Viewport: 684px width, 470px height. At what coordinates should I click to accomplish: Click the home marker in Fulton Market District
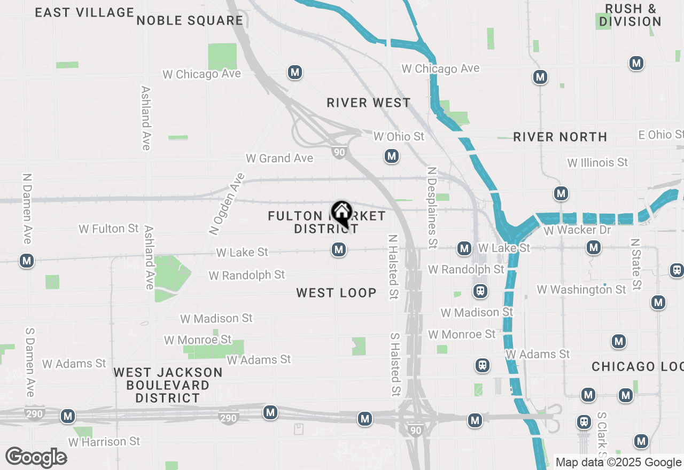341,213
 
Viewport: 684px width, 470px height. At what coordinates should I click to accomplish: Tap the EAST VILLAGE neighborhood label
84,12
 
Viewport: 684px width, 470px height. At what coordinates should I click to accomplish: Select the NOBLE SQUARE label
190,21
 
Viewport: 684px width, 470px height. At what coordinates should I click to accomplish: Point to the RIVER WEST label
369,103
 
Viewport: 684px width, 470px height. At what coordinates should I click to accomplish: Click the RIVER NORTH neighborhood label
560,137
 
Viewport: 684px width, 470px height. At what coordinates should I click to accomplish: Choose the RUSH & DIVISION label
630,15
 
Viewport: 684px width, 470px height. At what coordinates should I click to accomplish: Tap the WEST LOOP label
336,293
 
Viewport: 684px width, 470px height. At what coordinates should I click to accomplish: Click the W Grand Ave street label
279,158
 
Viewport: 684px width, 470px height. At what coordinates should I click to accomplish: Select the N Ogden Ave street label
227,204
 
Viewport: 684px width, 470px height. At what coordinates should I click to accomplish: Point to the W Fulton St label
108,229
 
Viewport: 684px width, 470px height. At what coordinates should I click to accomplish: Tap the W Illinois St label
597,162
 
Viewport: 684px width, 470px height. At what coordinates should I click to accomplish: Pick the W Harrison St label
104,442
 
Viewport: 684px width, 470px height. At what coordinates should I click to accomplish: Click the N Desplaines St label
432,207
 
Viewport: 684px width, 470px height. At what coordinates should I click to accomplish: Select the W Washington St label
581,289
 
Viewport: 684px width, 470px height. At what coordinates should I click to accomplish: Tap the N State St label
636,264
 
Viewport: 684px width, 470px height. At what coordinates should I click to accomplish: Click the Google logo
36,457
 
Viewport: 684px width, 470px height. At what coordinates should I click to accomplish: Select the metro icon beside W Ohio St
392,156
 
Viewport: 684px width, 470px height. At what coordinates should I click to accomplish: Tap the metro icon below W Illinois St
561,193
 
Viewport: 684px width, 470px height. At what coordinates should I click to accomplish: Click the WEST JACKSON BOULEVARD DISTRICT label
168,385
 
